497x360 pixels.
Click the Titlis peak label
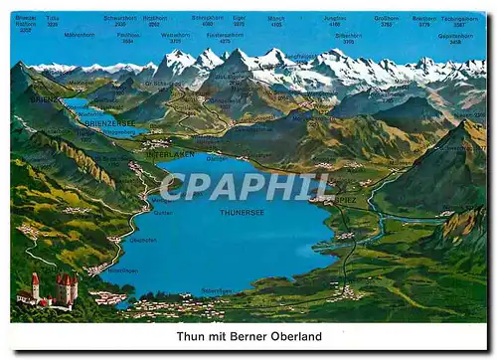[x=52, y=19]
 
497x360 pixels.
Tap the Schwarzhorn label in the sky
[x=119, y=19]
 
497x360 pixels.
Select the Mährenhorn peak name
[x=79, y=35]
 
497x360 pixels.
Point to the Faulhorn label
[x=127, y=37]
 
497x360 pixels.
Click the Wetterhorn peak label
[x=175, y=37]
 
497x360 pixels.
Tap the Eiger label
[x=239, y=18]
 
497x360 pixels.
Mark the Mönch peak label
[x=275, y=18]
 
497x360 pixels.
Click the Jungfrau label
[x=335, y=18]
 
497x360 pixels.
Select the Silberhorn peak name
[x=348, y=37]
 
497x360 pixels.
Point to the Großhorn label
[x=386, y=18]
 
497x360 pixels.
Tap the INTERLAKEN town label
[x=170, y=154]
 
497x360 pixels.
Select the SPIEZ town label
[x=344, y=200]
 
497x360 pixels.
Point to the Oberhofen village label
[x=120, y=270]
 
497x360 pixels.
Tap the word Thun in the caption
[x=192, y=337]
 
